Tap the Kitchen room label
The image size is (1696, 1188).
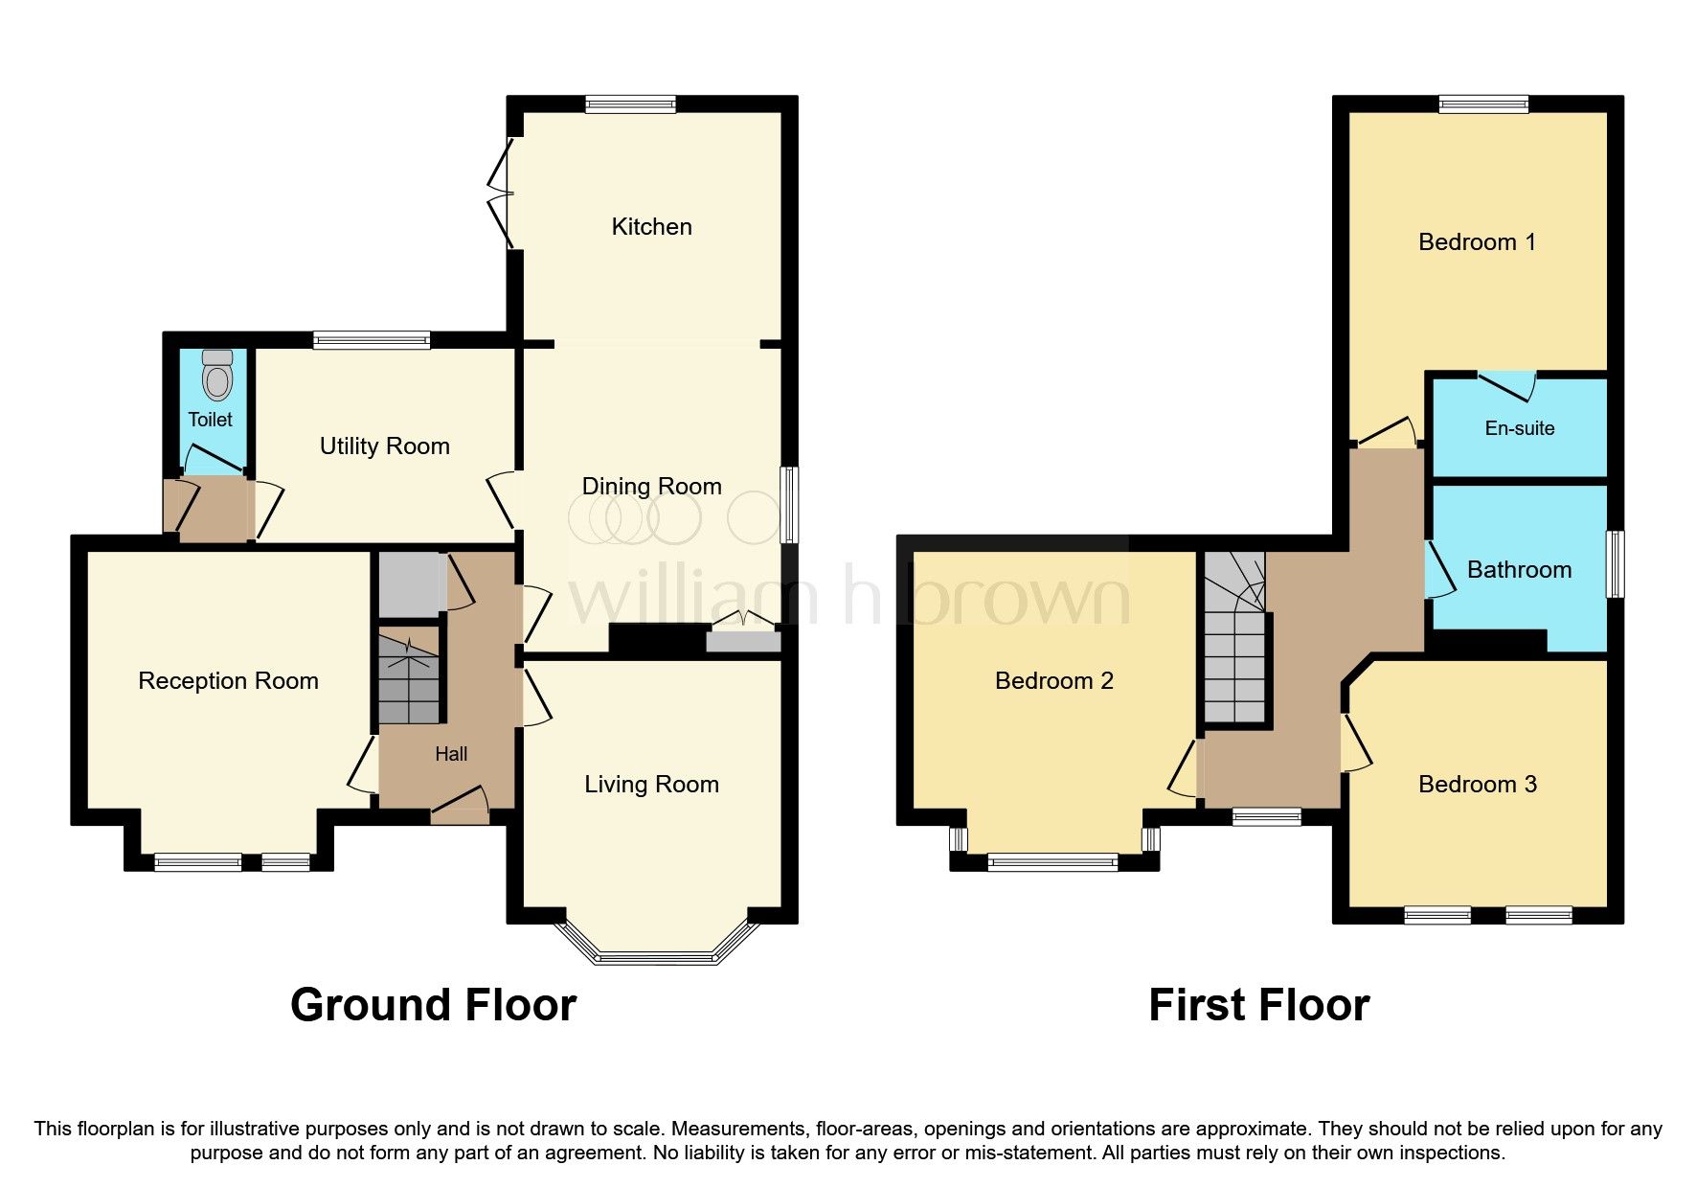(651, 227)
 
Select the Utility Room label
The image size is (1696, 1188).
(384, 446)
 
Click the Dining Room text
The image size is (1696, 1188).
(651, 487)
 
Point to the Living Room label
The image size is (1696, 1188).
(651, 785)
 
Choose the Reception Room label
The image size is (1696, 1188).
(228, 681)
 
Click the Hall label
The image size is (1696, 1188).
(451, 755)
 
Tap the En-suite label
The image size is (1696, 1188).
(1519, 428)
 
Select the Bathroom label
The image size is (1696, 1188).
(1519, 570)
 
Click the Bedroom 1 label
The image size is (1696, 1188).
(1477, 242)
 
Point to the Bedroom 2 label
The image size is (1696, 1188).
(1053, 681)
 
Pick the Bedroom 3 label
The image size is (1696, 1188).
(1477, 785)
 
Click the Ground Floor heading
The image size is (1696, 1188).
(433, 1005)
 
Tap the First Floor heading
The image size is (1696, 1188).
(1258, 1005)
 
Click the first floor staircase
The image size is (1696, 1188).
(1235, 642)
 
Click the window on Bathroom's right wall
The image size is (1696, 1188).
(1615, 564)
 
